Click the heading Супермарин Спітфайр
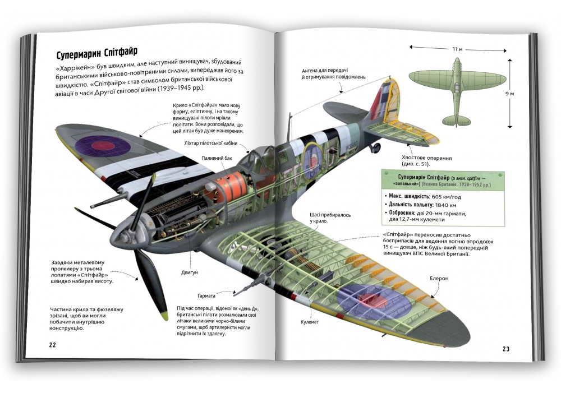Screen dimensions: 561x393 [x=97, y=54]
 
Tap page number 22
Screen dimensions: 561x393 [x=53, y=345]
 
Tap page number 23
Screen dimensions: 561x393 [x=506, y=349]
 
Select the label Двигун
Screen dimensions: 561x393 [x=189, y=272]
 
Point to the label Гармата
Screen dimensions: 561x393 [x=206, y=296]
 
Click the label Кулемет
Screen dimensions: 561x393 [x=310, y=322]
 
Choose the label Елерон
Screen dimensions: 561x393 [x=439, y=278]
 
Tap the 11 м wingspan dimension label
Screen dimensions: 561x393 [x=457, y=49]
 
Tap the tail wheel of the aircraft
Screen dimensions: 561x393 [x=376, y=147]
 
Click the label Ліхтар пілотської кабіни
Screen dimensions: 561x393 [x=210, y=143]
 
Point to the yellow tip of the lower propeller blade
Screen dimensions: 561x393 [x=164, y=316]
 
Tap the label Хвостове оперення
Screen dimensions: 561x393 [x=426, y=158]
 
